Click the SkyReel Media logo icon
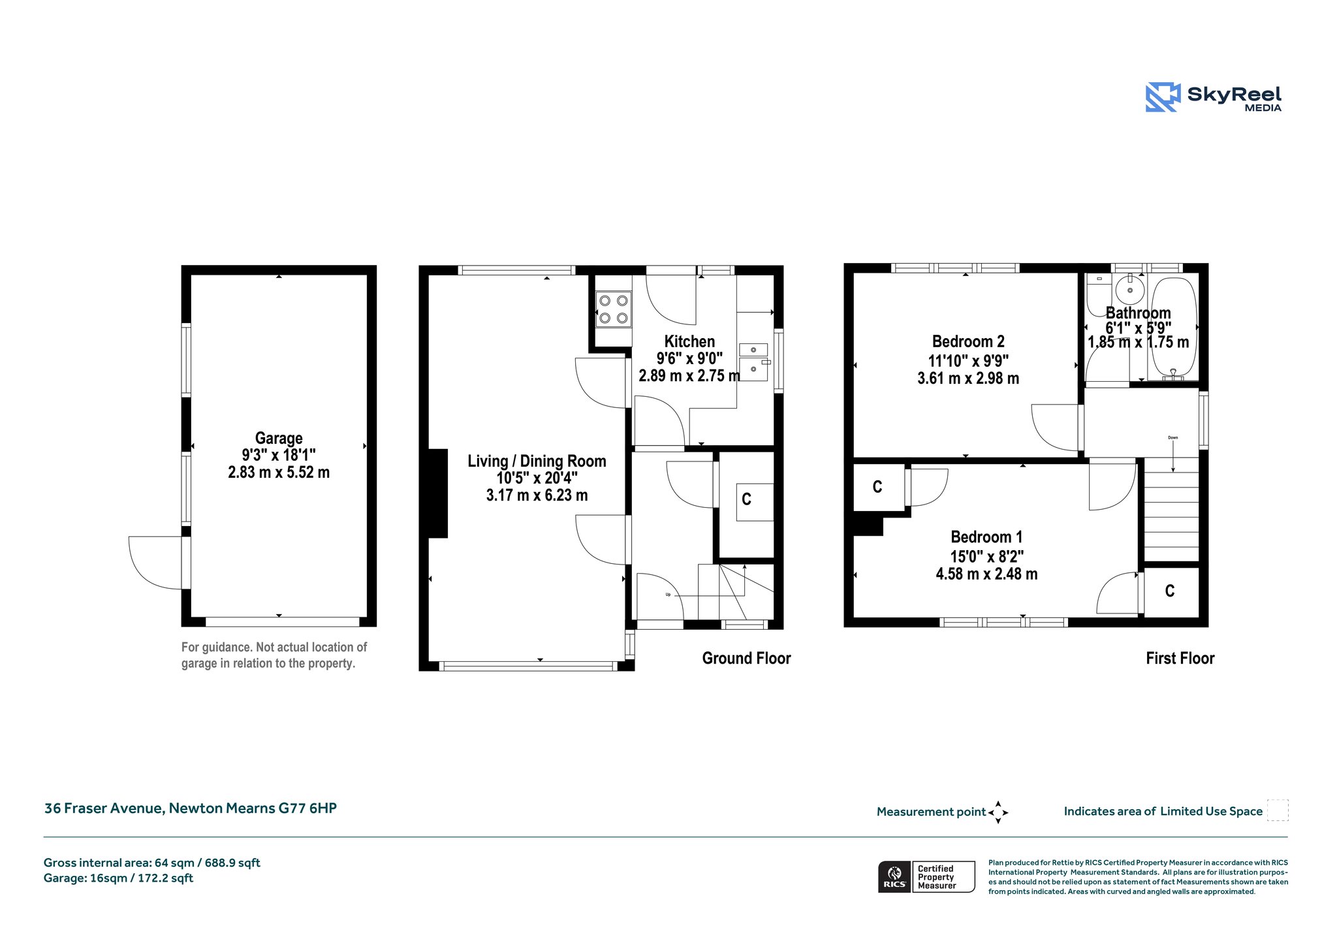1163,97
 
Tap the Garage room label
279,438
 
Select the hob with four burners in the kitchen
614,309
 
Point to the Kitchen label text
689,341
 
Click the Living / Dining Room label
537,461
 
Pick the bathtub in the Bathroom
1173,330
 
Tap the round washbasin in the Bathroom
1129,289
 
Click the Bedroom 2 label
968,341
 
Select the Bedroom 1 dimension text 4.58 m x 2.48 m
986,574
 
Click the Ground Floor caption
746,658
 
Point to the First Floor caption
1180,658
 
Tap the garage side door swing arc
140,574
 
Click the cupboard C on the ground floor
746,499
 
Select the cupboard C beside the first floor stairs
1170,591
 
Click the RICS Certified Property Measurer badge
926,876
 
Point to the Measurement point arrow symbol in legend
998,813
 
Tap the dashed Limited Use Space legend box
1278,810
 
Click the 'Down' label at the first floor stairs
1173,438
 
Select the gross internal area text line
152,863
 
